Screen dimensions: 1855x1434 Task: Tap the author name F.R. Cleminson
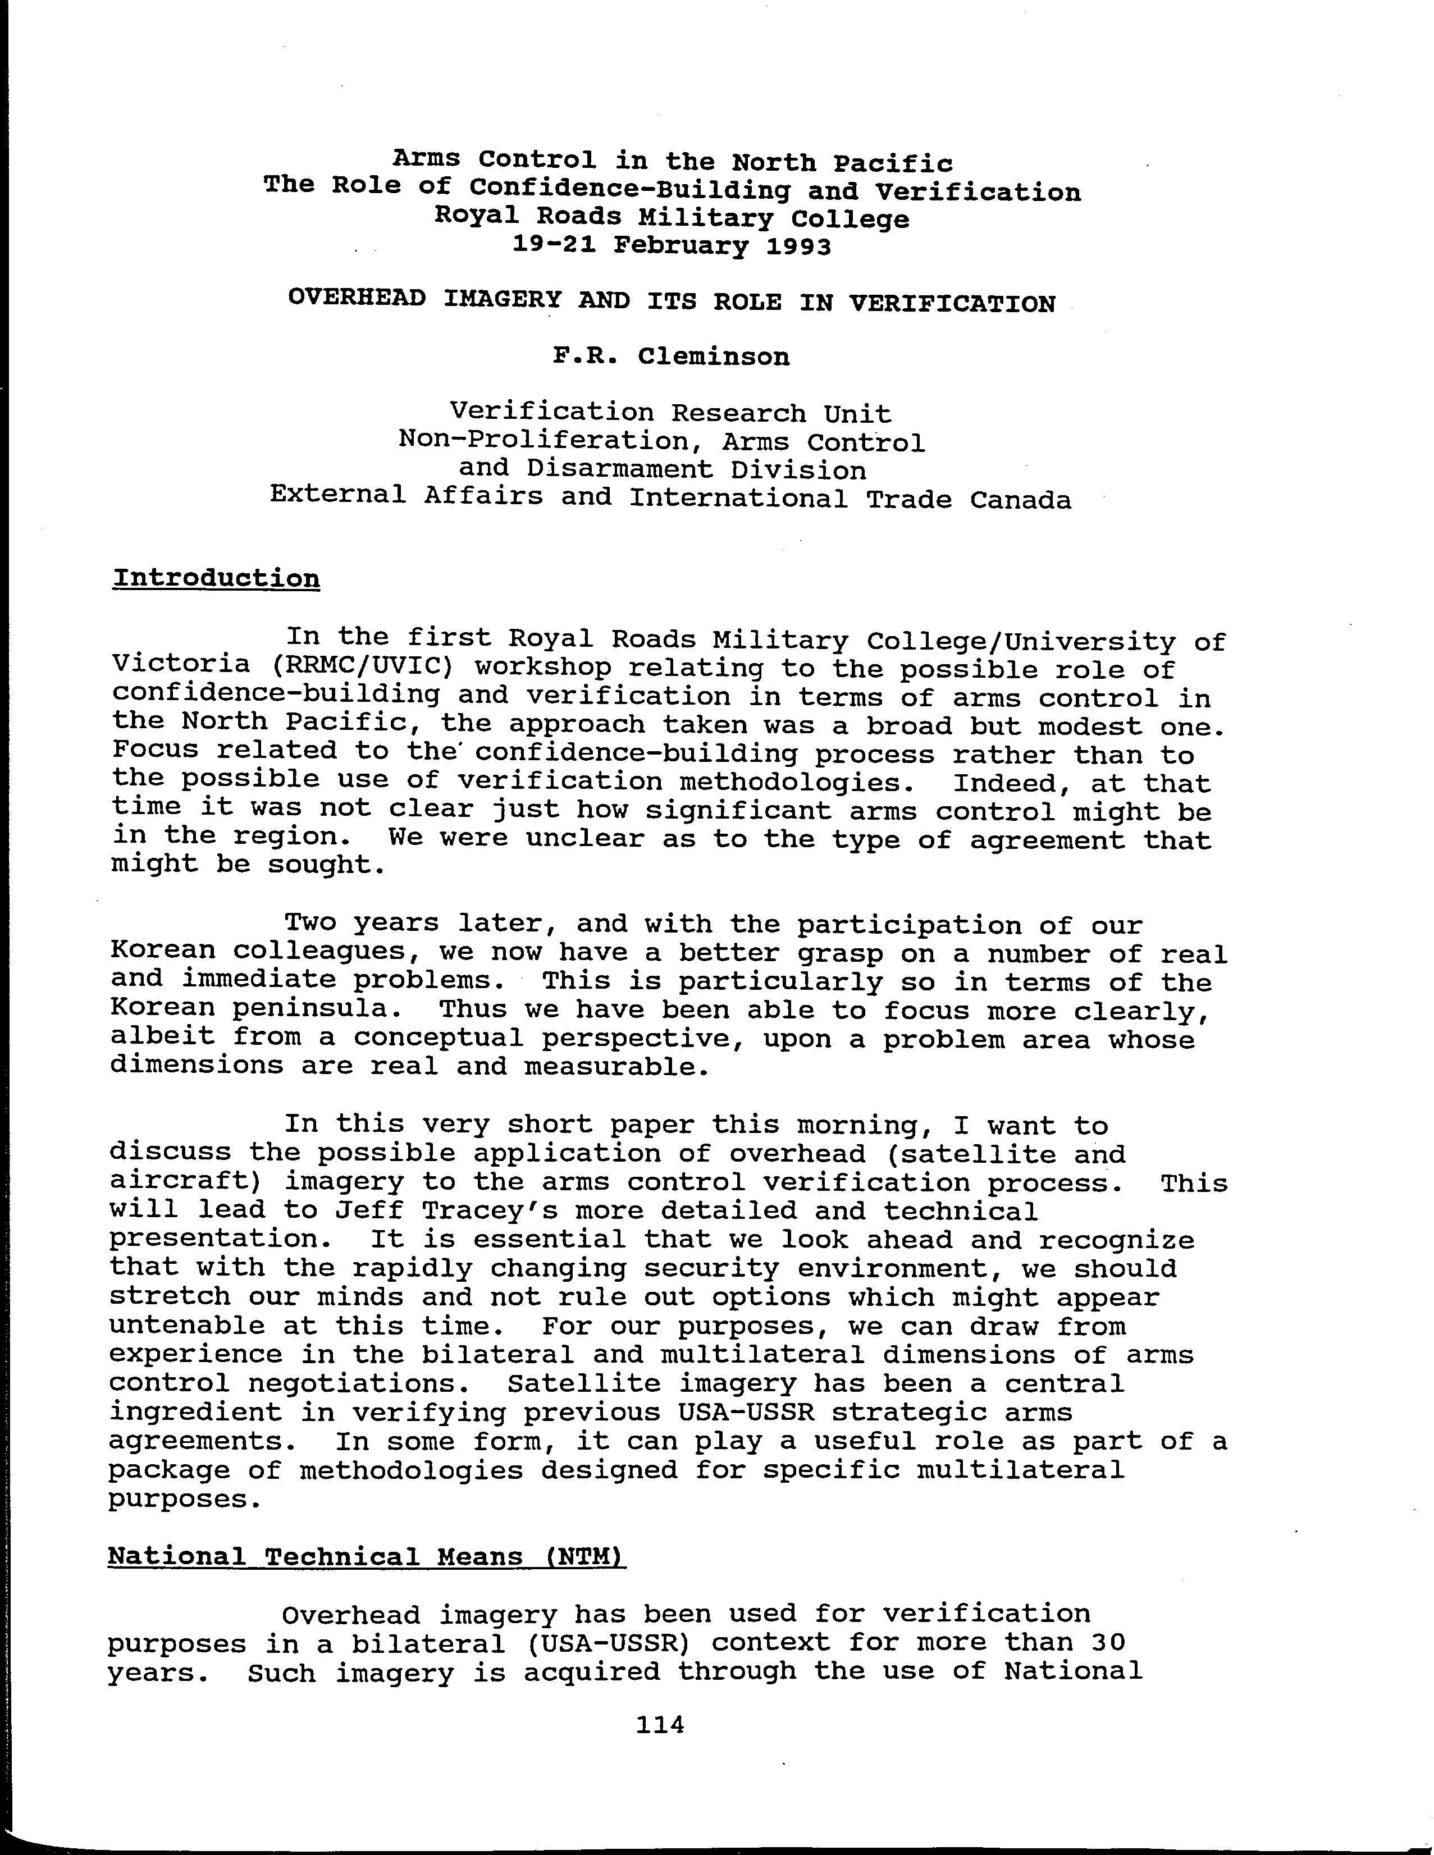(671, 357)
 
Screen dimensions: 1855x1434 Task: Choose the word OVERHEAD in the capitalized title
(357, 299)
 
